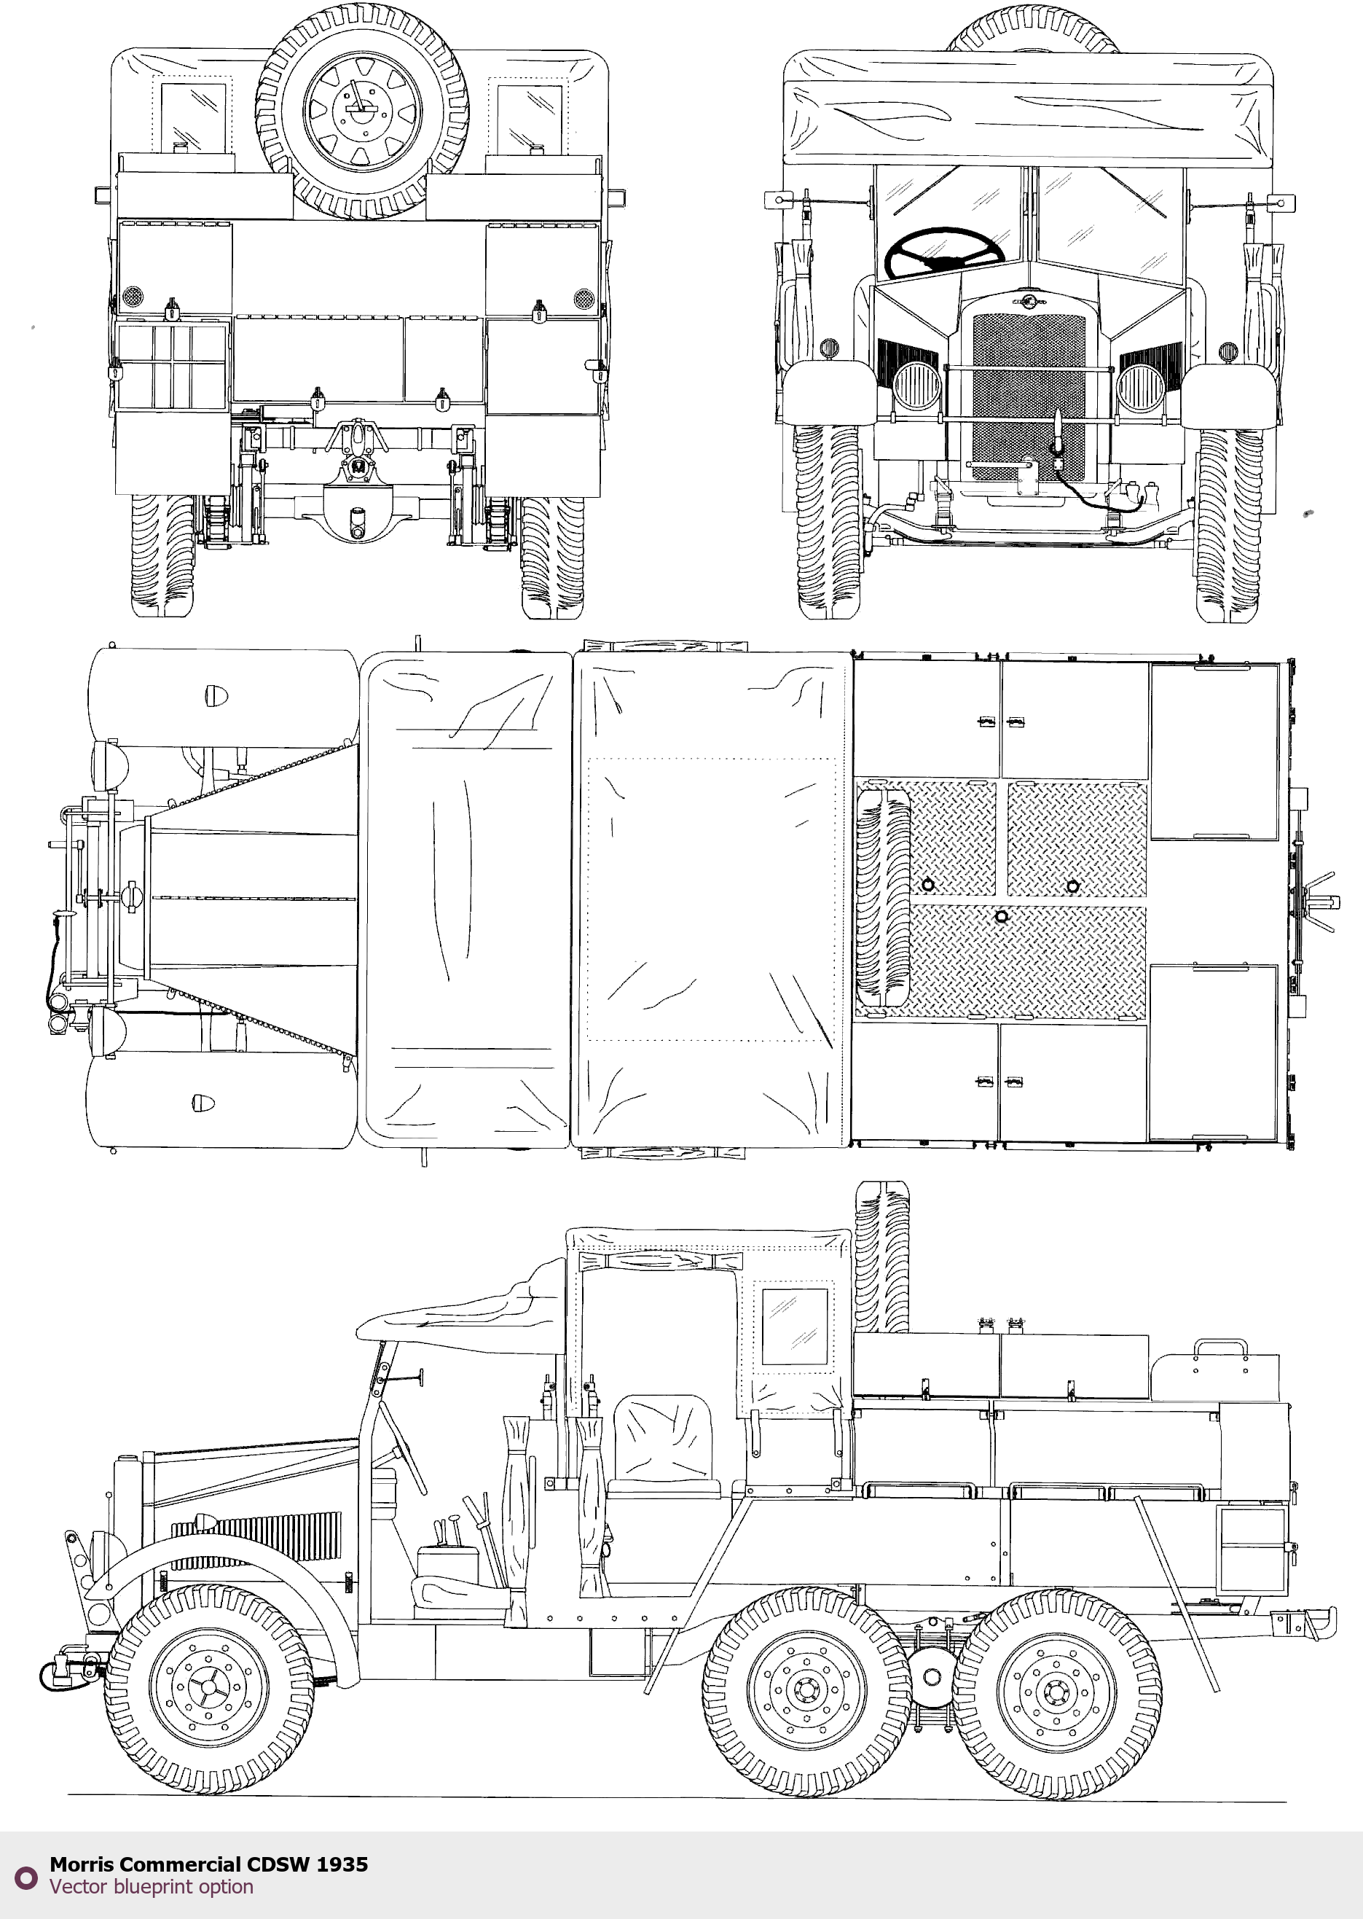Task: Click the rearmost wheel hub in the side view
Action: (x=1056, y=1689)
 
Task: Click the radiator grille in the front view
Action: (x=1028, y=394)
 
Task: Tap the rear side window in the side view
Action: (x=794, y=1326)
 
